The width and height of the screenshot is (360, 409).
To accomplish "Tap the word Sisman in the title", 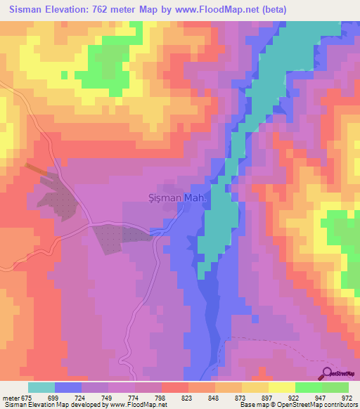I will tap(30, 9).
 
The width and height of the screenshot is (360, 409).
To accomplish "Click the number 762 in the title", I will tap(123, 9).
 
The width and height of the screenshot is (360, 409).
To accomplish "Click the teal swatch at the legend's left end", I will tap(41, 387).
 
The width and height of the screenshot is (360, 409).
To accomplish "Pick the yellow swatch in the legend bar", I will tap(281, 387).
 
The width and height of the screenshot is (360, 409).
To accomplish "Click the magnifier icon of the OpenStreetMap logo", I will tap(328, 373).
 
